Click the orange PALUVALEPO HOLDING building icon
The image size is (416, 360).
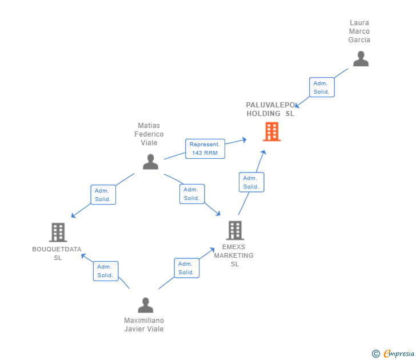click(271, 131)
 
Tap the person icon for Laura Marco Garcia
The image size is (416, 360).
click(361, 59)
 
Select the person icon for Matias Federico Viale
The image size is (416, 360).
click(150, 162)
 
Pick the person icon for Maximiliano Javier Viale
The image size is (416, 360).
click(146, 305)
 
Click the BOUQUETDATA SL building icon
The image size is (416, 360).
click(58, 233)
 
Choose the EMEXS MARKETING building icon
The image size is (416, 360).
click(235, 230)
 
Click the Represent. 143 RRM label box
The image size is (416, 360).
click(205, 149)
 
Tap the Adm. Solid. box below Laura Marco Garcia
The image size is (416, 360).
click(322, 87)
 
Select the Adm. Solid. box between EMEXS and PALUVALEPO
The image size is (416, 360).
click(251, 182)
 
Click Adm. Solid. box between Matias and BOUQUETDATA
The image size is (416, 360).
click(103, 194)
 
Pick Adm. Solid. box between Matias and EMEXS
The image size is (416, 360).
click(191, 194)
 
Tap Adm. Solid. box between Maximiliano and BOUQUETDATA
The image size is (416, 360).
click(106, 271)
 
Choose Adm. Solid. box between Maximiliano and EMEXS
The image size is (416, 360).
click(186, 268)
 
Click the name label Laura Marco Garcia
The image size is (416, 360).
click(359, 31)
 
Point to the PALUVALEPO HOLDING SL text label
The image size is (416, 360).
click(271, 109)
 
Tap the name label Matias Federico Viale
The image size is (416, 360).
click(149, 134)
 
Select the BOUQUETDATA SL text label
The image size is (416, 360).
click(57, 253)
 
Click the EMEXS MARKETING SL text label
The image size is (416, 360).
click(234, 255)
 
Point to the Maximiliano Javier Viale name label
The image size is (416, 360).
click(144, 325)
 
